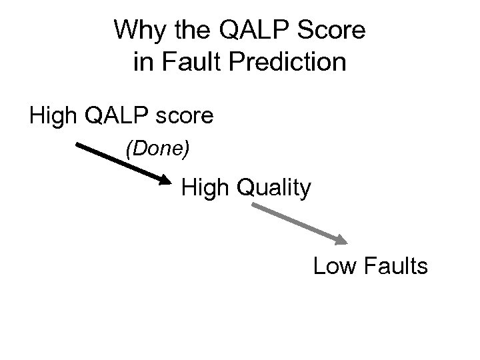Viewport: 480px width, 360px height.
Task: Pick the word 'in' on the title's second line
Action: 142,63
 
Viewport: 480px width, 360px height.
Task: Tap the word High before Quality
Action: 205,189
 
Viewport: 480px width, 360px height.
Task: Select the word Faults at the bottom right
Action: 396,267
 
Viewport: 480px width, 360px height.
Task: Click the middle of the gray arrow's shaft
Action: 297,223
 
